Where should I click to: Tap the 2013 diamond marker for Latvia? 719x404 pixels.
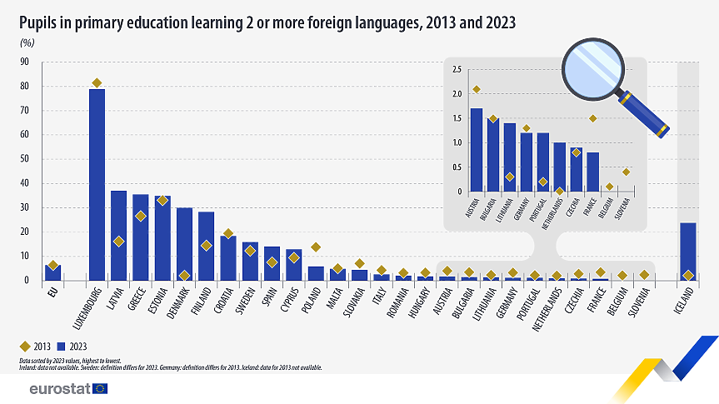point(119,241)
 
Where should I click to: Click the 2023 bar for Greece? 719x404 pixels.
point(141,237)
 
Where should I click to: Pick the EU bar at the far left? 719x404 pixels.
point(53,272)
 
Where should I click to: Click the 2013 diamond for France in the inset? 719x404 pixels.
point(592,118)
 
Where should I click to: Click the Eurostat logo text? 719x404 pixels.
point(59,388)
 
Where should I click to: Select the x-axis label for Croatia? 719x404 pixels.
point(222,302)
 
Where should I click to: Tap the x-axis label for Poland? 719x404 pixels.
point(311,300)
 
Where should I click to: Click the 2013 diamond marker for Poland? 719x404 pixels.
point(315,247)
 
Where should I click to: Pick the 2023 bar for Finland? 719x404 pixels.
point(206,247)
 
